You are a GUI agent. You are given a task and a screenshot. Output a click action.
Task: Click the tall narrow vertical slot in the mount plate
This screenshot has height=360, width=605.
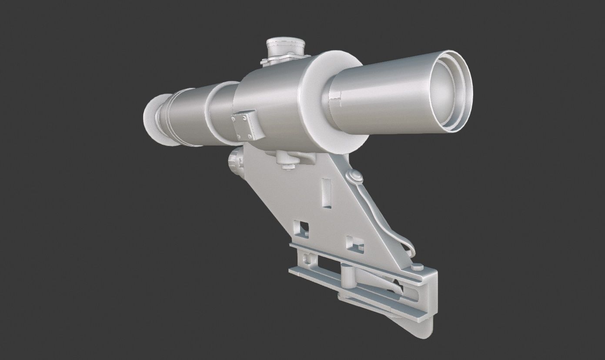click(x=326, y=191)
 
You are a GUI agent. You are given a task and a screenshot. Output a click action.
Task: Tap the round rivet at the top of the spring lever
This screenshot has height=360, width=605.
click(x=355, y=176)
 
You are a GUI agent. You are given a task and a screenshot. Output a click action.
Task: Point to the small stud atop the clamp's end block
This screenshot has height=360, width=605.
click(x=417, y=267)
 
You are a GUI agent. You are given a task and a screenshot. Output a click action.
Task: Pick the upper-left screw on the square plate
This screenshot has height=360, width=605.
click(x=235, y=117)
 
